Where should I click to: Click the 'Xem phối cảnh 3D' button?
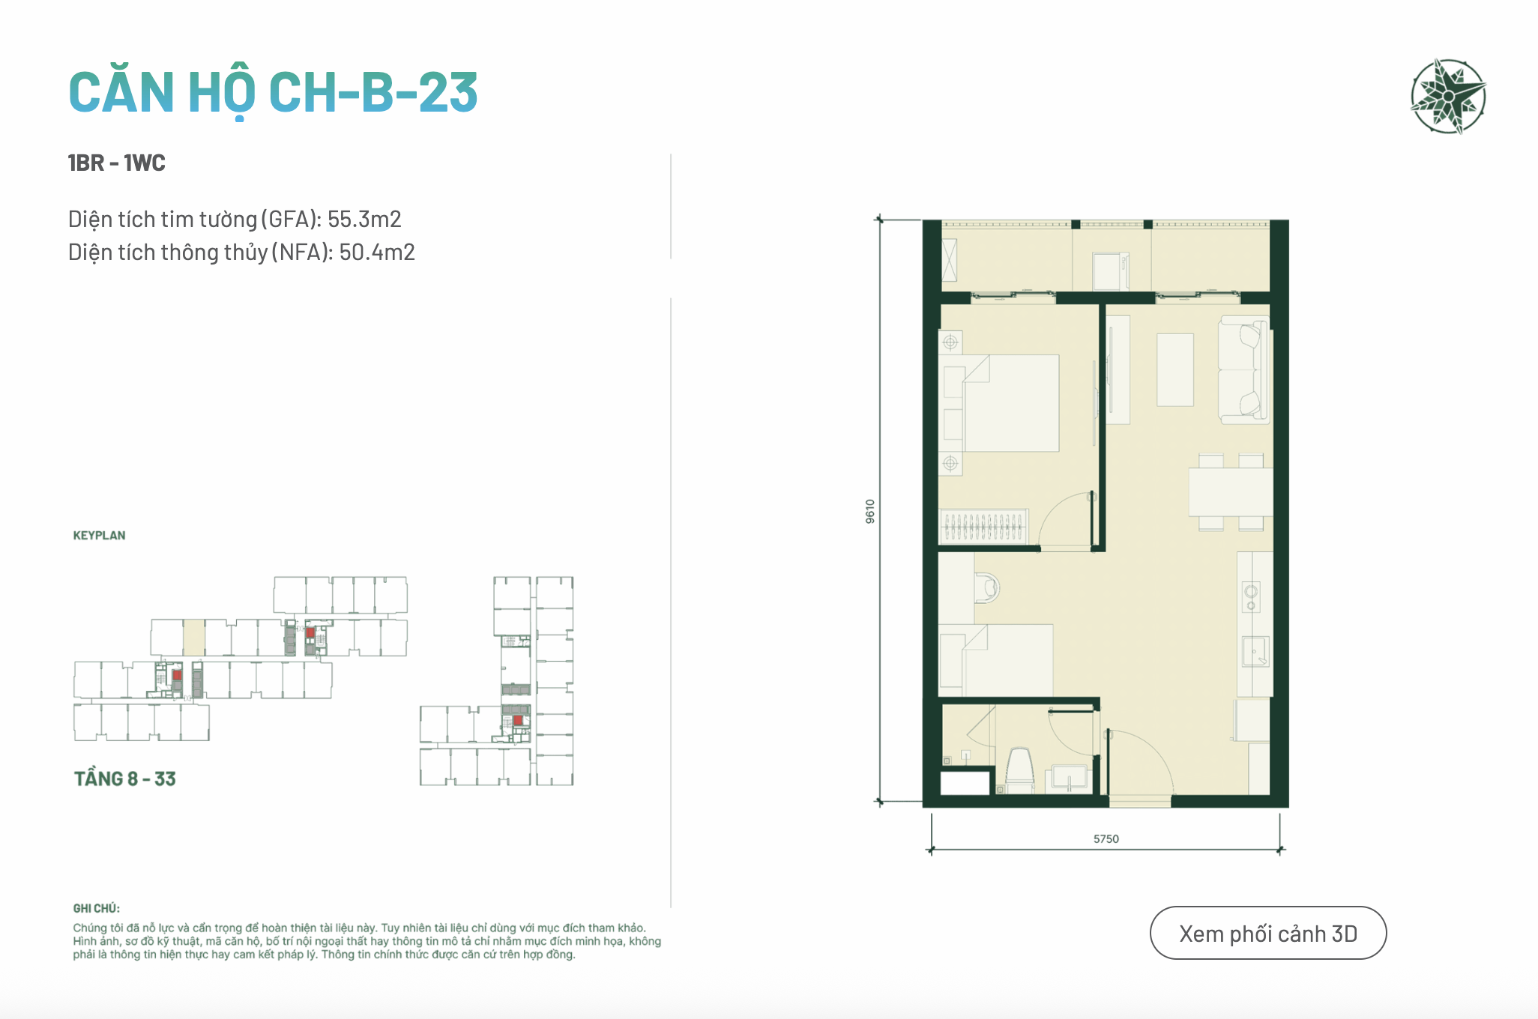click(1268, 933)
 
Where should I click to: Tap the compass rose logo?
click(1448, 96)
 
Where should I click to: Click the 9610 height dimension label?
click(869, 511)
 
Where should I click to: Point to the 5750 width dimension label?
click(1106, 839)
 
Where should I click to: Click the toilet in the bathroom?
click(1019, 769)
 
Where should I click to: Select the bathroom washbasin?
click(1070, 777)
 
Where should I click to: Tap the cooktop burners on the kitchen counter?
click(1251, 596)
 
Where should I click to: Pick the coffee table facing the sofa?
click(1175, 370)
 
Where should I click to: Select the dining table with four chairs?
click(1231, 492)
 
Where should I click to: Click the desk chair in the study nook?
click(987, 588)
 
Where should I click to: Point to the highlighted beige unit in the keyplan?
click(194, 638)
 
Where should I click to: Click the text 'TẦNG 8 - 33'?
click(124, 779)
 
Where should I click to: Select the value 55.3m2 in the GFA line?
click(364, 219)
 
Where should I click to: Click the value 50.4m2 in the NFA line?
click(377, 252)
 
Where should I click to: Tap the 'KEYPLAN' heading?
click(99, 536)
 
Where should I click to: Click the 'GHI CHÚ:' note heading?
click(96, 908)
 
